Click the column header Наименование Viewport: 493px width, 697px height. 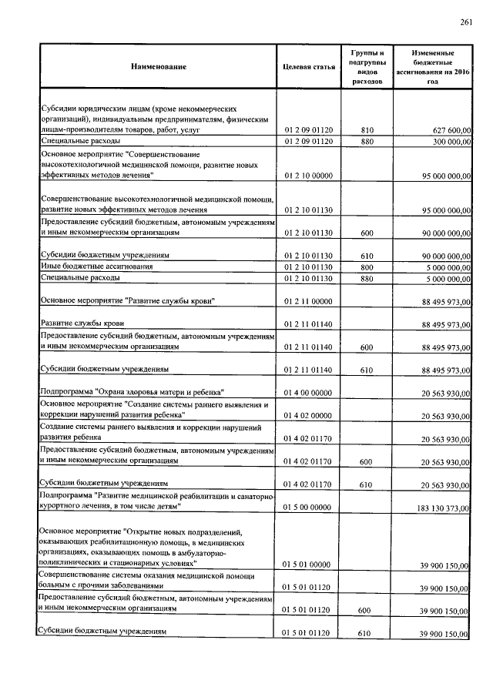(159, 67)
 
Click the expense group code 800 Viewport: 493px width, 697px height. (367, 266)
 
